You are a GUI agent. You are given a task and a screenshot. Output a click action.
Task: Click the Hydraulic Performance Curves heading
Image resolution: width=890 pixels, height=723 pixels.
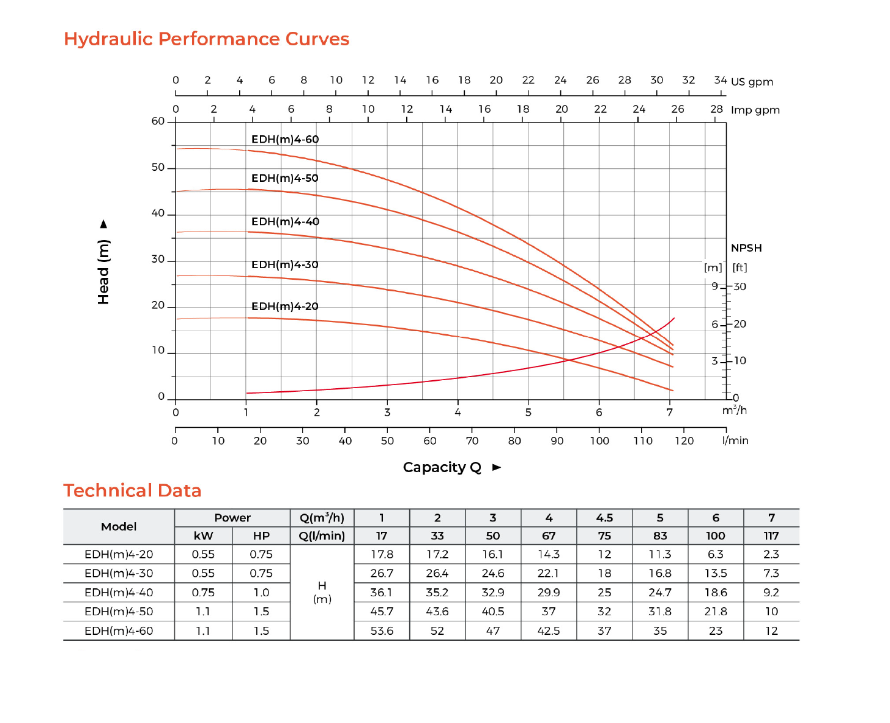[x=206, y=39]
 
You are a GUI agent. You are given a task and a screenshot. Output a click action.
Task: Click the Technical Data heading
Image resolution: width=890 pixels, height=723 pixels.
[x=132, y=490]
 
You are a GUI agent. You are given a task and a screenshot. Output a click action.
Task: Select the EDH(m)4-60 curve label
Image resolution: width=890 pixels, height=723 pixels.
[x=285, y=140]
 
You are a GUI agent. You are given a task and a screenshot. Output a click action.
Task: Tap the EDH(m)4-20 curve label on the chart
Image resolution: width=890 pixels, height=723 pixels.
[x=285, y=306]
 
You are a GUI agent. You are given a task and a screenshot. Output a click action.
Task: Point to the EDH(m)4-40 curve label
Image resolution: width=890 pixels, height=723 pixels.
[x=285, y=222]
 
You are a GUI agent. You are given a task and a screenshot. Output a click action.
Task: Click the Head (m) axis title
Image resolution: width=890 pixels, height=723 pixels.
[x=103, y=271]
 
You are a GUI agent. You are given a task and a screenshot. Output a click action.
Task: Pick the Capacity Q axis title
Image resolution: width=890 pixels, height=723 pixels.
[x=442, y=468]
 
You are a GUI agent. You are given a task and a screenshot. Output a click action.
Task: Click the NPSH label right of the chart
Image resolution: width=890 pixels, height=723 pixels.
[x=746, y=248]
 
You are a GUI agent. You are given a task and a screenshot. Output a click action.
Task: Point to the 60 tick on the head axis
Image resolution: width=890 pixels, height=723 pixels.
[x=158, y=121]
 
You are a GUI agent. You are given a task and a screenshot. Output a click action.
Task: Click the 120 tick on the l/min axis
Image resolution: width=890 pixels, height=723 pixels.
[x=684, y=441]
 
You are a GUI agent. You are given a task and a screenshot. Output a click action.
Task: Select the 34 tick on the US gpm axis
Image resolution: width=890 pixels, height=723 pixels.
[x=720, y=80]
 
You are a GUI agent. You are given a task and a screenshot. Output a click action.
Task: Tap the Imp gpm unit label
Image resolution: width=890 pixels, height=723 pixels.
[x=755, y=110]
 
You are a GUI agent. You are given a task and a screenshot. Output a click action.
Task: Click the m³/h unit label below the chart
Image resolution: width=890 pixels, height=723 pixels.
[x=734, y=410]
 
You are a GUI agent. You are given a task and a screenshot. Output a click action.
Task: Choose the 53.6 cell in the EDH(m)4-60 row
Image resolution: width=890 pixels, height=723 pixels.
[x=382, y=631]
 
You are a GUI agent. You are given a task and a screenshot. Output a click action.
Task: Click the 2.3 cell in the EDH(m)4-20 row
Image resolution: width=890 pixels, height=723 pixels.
[x=771, y=554]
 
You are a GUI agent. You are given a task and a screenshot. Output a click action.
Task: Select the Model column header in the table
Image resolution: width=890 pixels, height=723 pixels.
[x=119, y=526]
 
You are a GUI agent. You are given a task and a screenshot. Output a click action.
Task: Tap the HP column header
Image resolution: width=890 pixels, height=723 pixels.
[x=261, y=536]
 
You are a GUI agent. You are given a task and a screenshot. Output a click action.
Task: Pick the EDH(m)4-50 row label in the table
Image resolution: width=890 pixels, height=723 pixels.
[x=119, y=611]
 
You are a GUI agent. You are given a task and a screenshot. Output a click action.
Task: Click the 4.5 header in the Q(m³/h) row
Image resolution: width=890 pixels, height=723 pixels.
[x=604, y=518]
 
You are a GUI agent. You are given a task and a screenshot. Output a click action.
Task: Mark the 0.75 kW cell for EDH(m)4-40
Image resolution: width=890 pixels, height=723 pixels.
[x=203, y=592]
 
